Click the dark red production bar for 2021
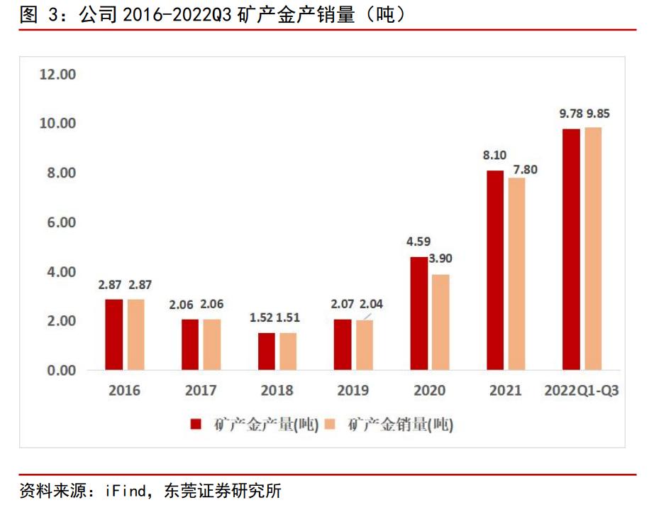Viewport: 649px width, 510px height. (494, 271)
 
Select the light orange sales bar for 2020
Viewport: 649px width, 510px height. (440, 322)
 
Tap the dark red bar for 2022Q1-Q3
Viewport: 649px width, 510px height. (571, 249)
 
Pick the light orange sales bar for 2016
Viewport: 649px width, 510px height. (135, 335)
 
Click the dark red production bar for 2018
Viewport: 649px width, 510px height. (266, 352)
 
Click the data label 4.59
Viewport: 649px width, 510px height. (418, 242)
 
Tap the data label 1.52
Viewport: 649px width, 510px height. (261, 318)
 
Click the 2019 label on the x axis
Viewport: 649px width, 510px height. (353, 390)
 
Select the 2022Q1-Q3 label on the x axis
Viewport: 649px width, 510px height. (581, 390)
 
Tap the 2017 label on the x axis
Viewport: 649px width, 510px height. (200, 390)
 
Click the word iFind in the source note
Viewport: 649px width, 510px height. (126, 491)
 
